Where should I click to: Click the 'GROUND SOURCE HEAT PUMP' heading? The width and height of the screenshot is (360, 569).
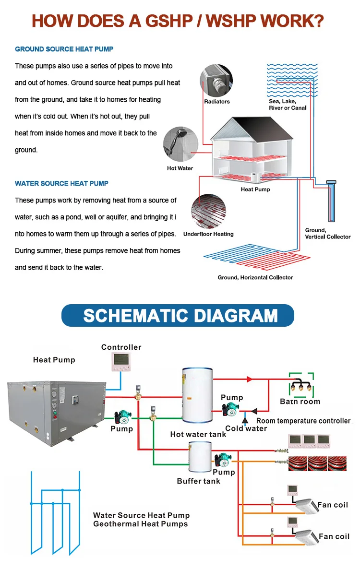(64, 49)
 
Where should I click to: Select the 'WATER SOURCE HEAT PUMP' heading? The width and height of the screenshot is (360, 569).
(62, 183)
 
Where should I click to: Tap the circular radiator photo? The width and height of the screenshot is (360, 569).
(216, 81)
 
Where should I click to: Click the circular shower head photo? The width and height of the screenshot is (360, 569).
(180, 144)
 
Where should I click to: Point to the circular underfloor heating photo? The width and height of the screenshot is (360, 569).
(209, 211)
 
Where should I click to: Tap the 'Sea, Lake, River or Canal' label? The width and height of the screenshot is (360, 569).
(288, 105)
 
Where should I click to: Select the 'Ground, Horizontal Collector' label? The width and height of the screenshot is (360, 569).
(255, 277)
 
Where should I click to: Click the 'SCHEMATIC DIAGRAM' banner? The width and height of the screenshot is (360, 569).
(178, 315)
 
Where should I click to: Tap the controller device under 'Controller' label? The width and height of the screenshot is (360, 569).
(121, 362)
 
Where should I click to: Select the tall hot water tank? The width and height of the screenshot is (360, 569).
(197, 395)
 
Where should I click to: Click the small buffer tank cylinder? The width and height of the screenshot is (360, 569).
(200, 458)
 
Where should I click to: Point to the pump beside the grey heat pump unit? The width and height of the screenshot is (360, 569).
(123, 418)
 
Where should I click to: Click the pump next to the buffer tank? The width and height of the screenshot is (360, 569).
(222, 460)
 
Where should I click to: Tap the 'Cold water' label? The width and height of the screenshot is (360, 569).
(246, 428)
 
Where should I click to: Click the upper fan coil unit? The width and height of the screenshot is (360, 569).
(306, 506)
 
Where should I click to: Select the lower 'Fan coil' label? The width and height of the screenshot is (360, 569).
(334, 536)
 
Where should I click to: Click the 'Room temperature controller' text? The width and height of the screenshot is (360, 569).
(303, 421)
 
